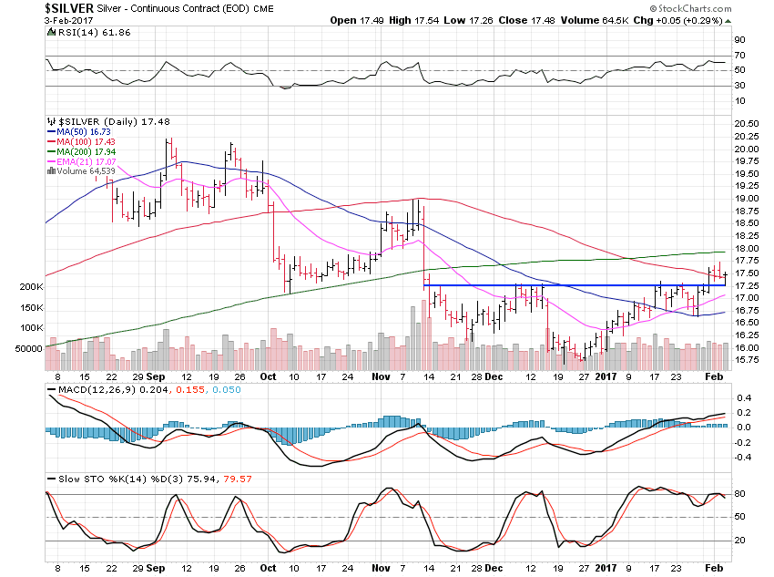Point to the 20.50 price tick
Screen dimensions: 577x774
(746, 124)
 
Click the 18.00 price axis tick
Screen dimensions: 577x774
(746, 248)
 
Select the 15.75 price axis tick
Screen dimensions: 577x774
(746, 360)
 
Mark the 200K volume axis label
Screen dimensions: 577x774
(30, 286)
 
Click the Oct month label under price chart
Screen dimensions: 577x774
(269, 376)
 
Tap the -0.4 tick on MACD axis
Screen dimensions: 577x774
(743, 458)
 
